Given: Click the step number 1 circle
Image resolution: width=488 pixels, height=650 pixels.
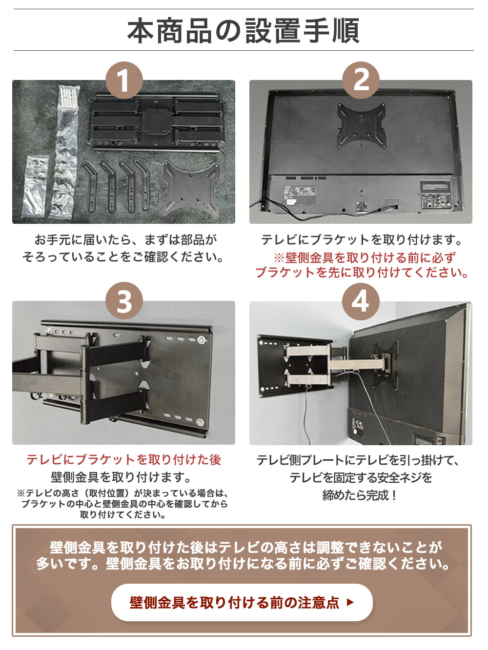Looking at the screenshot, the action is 124,80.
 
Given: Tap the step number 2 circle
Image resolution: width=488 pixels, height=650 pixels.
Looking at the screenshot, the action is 361,80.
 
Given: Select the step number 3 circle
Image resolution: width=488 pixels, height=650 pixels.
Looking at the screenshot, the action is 124,301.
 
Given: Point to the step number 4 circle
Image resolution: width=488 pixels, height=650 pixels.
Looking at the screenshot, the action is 361,301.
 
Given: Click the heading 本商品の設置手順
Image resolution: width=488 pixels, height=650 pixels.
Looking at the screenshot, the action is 244,31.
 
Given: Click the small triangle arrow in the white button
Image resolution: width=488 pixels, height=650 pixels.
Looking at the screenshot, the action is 350,602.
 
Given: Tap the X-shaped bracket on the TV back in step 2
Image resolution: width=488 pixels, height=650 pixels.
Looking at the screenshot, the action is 362,126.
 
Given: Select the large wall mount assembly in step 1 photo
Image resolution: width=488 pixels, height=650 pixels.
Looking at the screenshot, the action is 157,122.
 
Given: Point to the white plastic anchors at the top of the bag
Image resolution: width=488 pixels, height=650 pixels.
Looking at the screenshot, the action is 69,95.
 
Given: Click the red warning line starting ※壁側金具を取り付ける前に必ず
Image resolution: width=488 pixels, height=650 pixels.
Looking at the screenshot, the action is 364,258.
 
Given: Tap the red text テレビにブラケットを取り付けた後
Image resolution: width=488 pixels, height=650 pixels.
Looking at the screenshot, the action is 124,460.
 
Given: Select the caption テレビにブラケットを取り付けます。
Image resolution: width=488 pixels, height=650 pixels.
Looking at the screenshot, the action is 361,240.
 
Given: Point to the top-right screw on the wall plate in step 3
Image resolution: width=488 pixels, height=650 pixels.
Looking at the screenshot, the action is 203,340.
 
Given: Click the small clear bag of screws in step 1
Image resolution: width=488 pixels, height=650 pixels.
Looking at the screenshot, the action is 35,185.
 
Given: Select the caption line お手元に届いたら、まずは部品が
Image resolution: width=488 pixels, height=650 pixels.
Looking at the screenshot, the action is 126,240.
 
